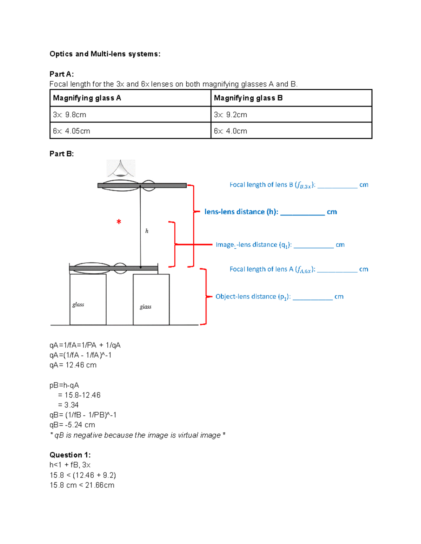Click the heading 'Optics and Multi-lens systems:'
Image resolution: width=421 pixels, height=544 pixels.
click(x=105, y=54)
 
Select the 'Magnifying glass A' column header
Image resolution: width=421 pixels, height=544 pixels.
click(x=87, y=98)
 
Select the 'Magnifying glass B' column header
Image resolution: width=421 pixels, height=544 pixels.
click(x=248, y=98)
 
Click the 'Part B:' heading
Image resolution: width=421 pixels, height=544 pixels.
click(x=62, y=154)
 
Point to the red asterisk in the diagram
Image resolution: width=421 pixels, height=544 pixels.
click(x=119, y=222)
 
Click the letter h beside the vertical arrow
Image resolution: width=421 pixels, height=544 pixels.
click(x=147, y=231)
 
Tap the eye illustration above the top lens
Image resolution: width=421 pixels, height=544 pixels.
click(x=121, y=168)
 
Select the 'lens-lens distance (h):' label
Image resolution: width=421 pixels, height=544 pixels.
click(x=241, y=212)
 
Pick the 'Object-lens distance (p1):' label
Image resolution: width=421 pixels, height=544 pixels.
click(x=253, y=297)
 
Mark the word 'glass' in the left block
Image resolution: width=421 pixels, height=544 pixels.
click(x=78, y=304)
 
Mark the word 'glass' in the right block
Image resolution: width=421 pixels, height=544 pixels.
click(x=145, y=307)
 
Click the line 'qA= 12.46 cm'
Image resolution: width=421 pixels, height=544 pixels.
click(x=73, y=365)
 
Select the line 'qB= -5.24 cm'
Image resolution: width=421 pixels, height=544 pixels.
click(x=72, y=425)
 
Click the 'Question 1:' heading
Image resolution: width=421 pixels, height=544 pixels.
click(x=70, y=455)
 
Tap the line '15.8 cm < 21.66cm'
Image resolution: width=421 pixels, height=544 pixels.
click(x=82, y=485)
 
